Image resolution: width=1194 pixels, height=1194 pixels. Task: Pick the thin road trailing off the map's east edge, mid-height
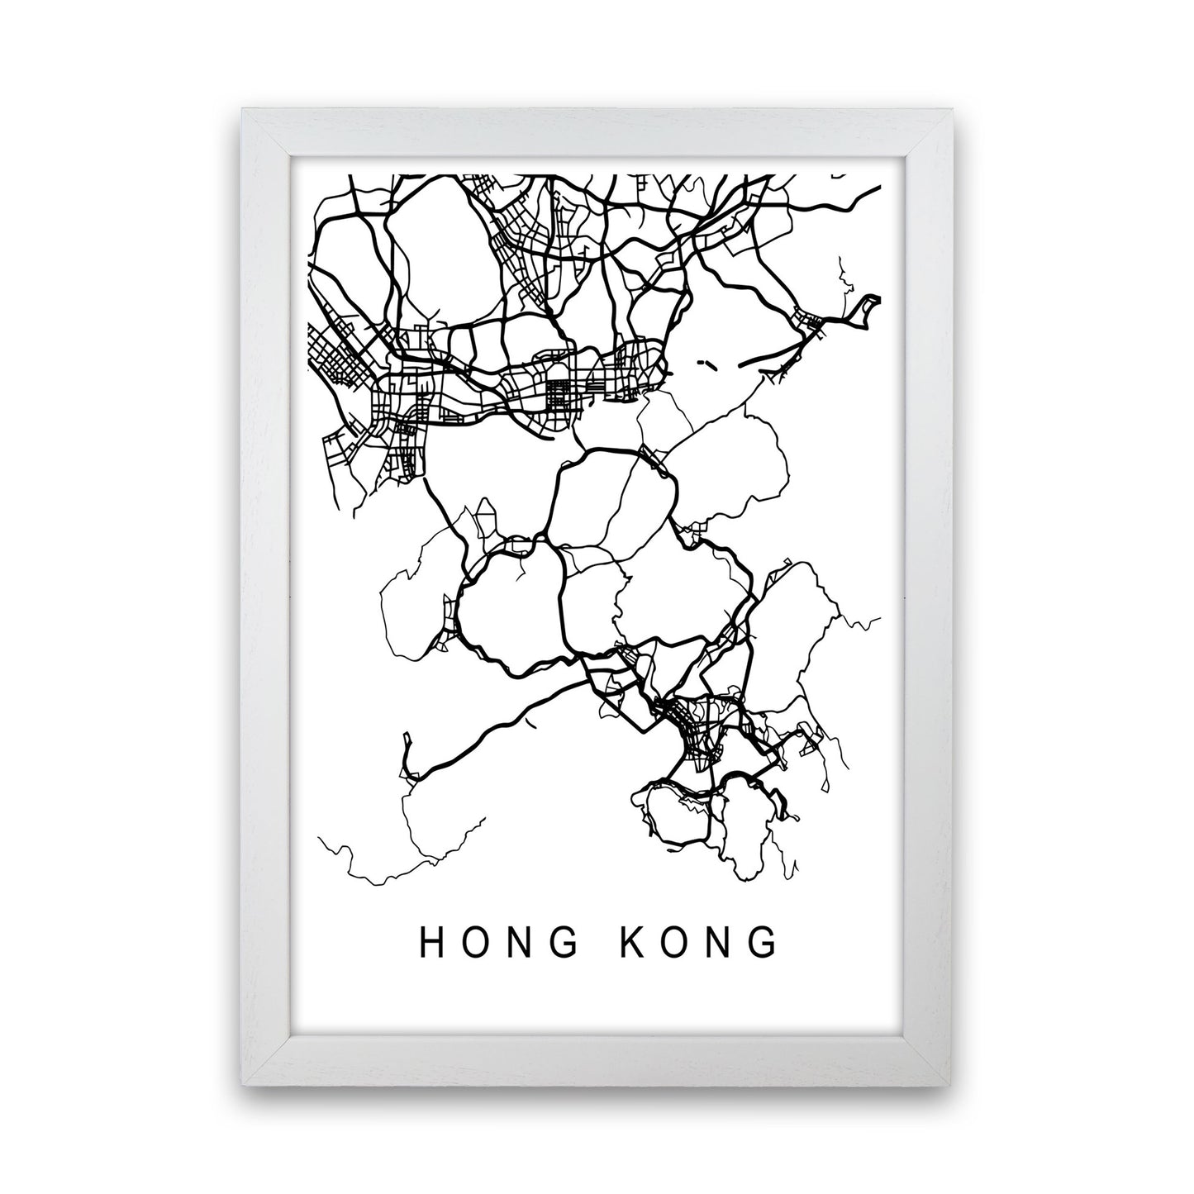[x=868, y=621]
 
